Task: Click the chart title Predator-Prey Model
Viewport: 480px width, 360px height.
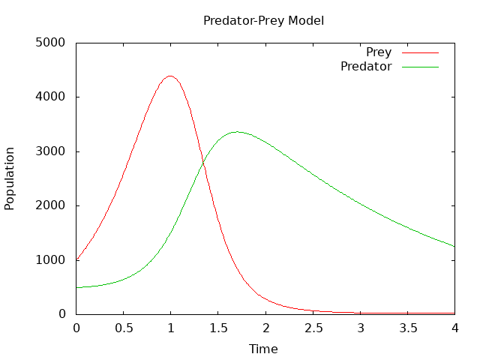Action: point(263,21)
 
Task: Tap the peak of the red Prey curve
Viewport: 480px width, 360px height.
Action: point(170,76)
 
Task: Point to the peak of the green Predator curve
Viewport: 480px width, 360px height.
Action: point(237,132)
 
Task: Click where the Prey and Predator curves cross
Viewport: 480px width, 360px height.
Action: point(203,163)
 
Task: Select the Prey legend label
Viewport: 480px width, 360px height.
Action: point(379,52)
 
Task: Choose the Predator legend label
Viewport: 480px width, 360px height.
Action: point(366,67)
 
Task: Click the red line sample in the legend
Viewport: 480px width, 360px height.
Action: point(420,52)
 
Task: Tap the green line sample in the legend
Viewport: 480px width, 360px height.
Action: point(420,67)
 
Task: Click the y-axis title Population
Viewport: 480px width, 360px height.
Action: point(10,178)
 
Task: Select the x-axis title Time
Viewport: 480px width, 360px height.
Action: point(263,349)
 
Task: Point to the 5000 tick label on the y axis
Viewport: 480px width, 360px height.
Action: point(50,42)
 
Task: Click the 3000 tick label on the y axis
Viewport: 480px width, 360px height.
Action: point(50,151)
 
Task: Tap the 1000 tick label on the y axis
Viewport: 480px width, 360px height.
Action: point(50,260)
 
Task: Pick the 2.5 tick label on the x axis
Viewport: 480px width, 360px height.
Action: point(313,328)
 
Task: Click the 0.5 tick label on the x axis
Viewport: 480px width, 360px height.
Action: point(124,328)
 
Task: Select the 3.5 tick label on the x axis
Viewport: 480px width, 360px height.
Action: point(408,328)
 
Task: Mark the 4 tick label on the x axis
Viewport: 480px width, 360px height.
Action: point(455,328)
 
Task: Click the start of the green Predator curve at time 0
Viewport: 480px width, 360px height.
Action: point(76,287)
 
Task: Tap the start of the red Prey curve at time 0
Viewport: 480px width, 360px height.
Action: point(76,260)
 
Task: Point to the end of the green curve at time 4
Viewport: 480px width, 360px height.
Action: point(454,246)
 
